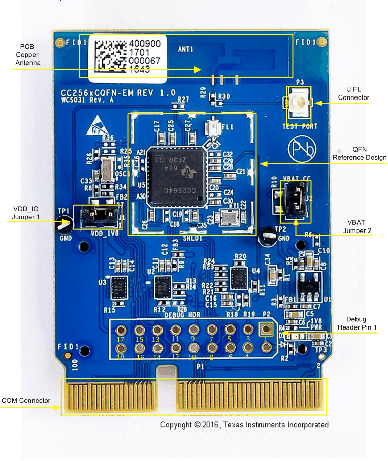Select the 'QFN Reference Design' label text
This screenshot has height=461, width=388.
point(360,154)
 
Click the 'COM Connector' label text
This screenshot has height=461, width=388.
point(26,401)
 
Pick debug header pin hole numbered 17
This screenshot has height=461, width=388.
point(121,329)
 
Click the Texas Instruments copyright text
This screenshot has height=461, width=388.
point(244,425)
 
